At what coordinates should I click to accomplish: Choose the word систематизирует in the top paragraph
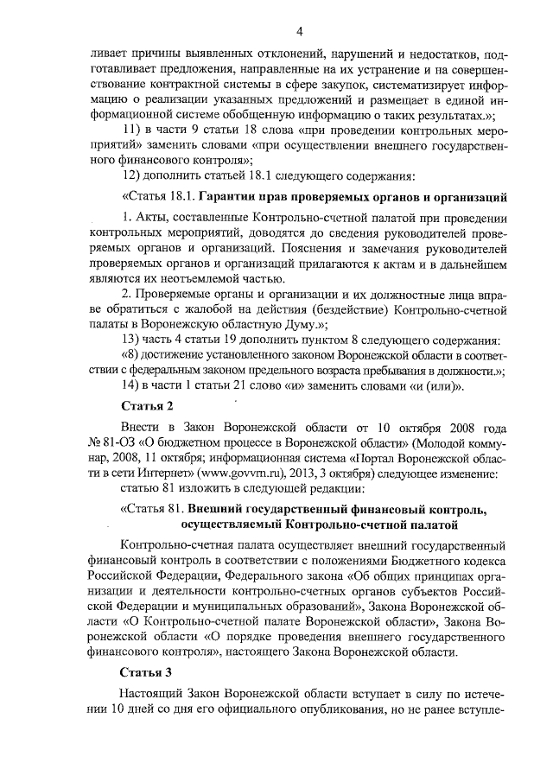pos(424,83)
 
